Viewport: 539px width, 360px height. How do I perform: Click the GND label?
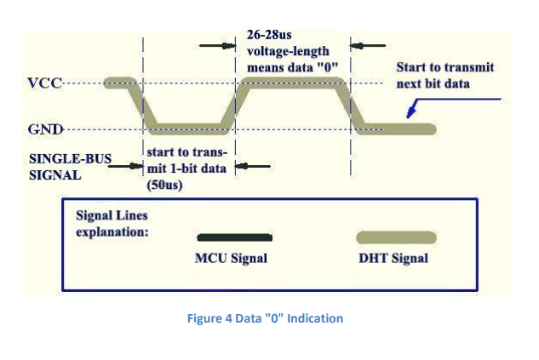pyautogui.click(x=43, y=130)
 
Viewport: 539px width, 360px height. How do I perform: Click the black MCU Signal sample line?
pyautogui.click(x=233, y=237)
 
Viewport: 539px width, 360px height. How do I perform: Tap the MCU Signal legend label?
pyautogui.click(x=231, y=258)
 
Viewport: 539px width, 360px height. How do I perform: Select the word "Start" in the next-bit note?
pyautogui.click(x=413, y=67)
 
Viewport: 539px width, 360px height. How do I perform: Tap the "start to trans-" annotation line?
pyautogui.click(x=184, y=151)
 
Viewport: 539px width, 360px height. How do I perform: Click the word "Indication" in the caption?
pyautogui.click(x=317, y=318)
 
